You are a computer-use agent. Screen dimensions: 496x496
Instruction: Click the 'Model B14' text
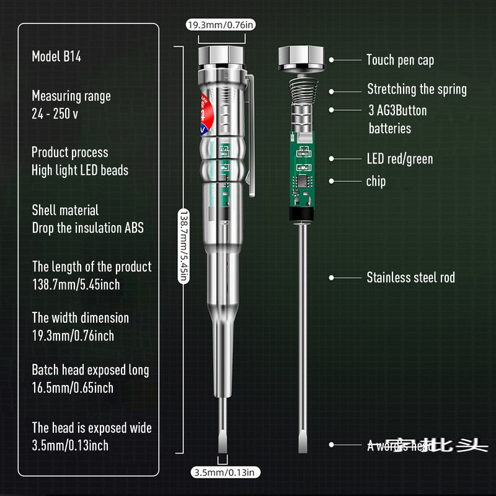click(x=56, y=57)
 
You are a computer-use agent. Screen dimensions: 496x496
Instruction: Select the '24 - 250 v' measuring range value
click(x=55, y=114)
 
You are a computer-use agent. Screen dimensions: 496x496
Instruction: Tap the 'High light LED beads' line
click(x=80, y=170)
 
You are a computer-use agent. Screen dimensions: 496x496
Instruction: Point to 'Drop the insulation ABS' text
click(x=87, y=228)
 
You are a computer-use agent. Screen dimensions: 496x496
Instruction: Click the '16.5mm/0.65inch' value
click(x=73, y=388)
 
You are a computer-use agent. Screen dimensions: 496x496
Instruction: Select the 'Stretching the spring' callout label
click(x=417, y=89)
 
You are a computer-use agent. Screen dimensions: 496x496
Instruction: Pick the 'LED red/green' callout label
click(x=400, y=159)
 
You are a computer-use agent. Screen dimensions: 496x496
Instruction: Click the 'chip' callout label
click(x=376, y=181)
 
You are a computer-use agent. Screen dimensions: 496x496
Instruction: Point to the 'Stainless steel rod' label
click(x=410, y=278)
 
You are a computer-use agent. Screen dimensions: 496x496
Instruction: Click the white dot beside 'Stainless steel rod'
click(x=332, y=278)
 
